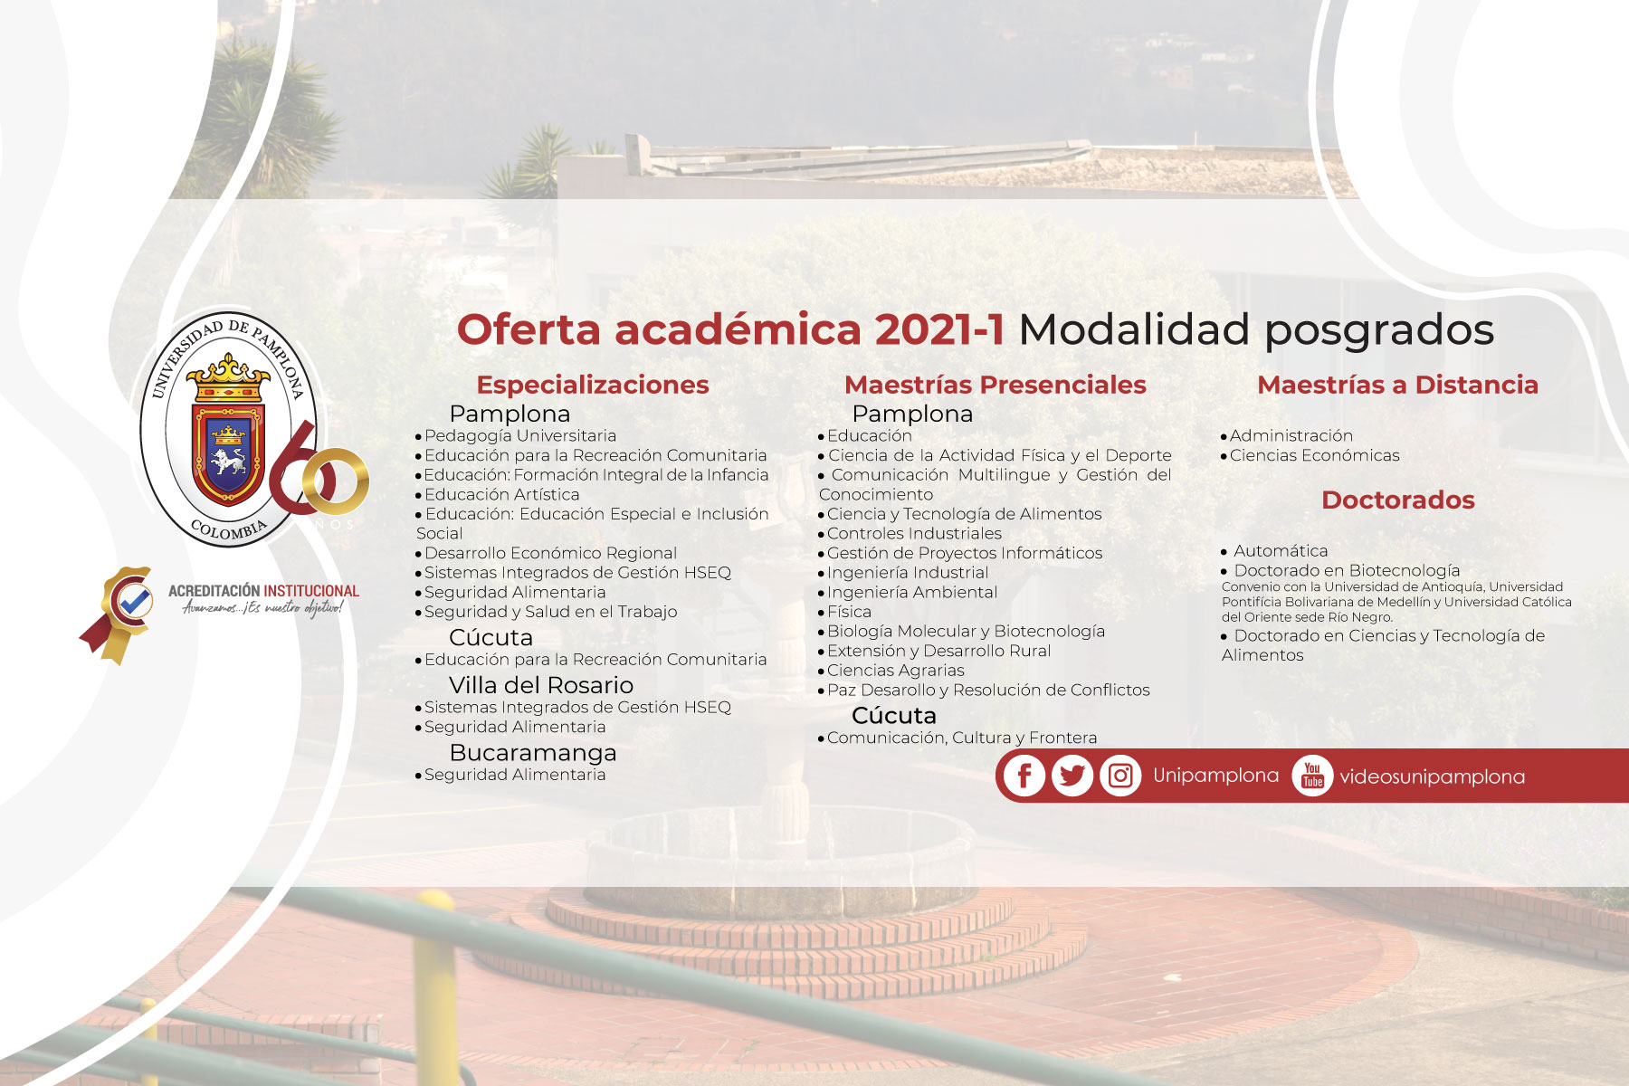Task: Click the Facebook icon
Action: [x=1024, y=776]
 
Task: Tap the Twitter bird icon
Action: [x=1072, y=776]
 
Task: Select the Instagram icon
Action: [x=1120, y=776]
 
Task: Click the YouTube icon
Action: [x=1312, y=776]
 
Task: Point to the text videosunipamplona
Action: [x=1432, y=776]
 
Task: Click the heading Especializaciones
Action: [x=593, y=385]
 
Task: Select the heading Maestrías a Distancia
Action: [x=1397, y=385]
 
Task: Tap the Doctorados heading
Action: [x=1397, y=500]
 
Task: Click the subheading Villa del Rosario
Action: [x=541, y=685]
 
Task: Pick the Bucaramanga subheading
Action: [x=533, y=753]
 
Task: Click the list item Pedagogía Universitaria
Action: [x=520, y=436]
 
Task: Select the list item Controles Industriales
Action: [x=914, y=534]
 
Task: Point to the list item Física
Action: [x=849, y=612]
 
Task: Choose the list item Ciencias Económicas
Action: [x=1314, y=455]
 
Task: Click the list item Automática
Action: [x=1281, y=550]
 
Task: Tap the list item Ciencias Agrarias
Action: [x=895, y=671]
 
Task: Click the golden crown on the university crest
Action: [x=227, y=378]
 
